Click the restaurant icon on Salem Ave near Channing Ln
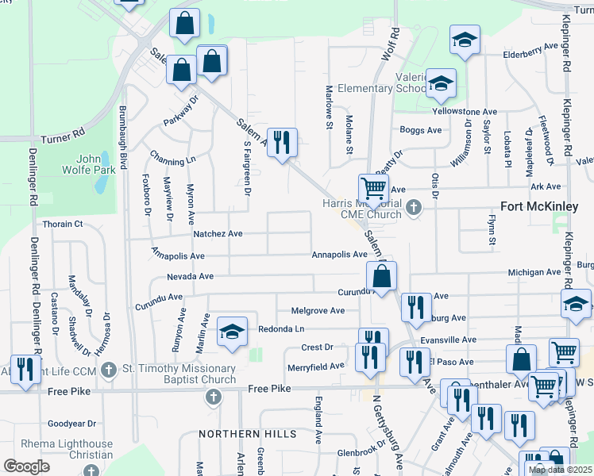(x=282, y=143)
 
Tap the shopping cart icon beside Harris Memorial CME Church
(x=373, y=189)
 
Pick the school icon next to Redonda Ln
(x=231, y=331)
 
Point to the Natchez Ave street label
(x=218, y=234)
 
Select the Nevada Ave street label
(x=190, y=277)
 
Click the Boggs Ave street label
(x=421, y=130)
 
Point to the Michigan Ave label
(x=534, y=272)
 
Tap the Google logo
(x=26, y=466)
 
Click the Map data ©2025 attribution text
(x=560, y=470)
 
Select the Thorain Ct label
(x=62, y=225)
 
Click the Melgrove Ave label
(x=318, y=310)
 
